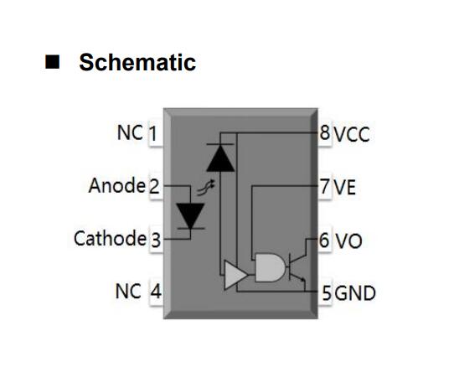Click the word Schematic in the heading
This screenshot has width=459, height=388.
click(x=137, y=62)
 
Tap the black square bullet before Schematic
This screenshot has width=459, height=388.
click(x=53, y=62)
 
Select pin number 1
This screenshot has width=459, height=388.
click(x=153, y=134)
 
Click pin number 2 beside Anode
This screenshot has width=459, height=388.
click(x=154, y=187)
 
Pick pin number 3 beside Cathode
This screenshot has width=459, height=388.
click(x=156, y=240)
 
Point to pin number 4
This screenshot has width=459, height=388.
click(x=156, y=292)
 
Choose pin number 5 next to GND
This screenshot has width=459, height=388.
click(x=327, y=292)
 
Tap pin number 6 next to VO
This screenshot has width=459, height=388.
click(x=324, y=241)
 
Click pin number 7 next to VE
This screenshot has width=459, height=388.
click(x=325, y=187)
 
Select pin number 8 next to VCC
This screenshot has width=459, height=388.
click(x=325, y=132)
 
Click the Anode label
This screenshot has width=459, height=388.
click(x=117, y=185)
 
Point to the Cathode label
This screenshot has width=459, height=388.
click(x=110, y=238)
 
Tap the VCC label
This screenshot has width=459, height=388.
click(x=352, y=134)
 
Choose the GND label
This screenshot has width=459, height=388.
click(x=355, y=293)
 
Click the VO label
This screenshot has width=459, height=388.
click(x=348, y=241)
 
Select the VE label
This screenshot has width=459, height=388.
click(x=345, y=187)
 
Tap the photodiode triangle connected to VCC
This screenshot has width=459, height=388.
click(x=220, y=158)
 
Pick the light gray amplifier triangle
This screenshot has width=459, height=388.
click(x=235, y=275)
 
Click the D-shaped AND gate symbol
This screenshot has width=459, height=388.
click(x=270, y=267)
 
